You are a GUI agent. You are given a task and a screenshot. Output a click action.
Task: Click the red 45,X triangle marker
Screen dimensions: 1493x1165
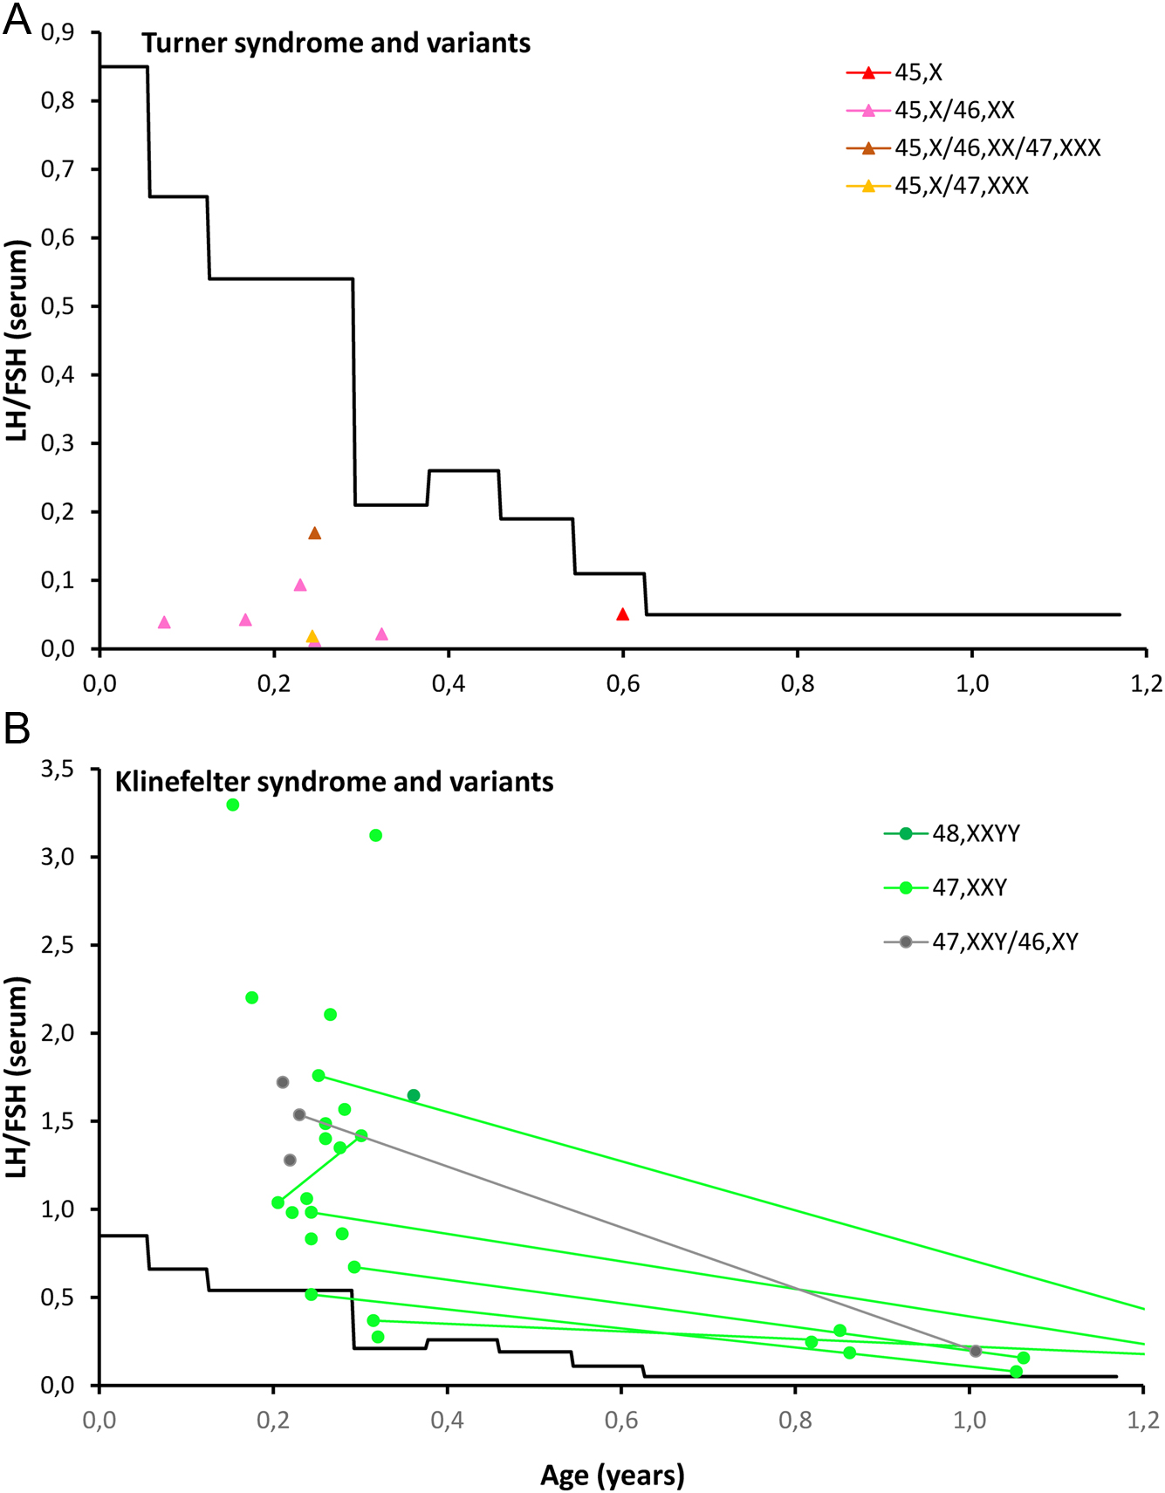pyautogui.click(x=622, y=614)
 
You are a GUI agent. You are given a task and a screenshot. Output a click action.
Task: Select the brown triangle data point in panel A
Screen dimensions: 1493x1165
pyautogui.click(x=315, y=533)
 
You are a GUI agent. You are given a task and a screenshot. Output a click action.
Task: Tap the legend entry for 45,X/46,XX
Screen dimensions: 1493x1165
pyautogui.click(x=954, y=110)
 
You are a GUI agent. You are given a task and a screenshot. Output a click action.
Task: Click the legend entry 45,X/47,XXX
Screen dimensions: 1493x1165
pyautogui.click(x=961, y=186)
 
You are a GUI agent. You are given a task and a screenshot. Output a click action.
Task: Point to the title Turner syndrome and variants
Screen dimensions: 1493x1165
pyautogui.click(x=336, y=43)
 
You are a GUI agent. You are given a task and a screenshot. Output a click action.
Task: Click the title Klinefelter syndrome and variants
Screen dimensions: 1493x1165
pyautogui.click(x=334, y=781)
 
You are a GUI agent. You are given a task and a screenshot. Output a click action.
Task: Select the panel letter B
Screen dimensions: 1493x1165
pyautogui.click(x=17, y=729)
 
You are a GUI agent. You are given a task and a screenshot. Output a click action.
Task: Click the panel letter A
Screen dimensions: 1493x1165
pyautogui.click(x=17, y=19)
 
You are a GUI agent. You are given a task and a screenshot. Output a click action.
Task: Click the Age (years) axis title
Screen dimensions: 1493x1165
pyautogui.click(x=612, y=1475)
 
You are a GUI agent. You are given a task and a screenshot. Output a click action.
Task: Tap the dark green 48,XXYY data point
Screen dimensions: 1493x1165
pyautogui.click(x=414, y=1095)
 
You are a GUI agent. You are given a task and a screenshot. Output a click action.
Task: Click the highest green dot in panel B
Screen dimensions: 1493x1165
pyautogui.click(x=233, y=805)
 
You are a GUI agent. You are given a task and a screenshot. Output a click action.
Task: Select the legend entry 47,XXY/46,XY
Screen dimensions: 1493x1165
pyautogui.click(x=1004, y=942)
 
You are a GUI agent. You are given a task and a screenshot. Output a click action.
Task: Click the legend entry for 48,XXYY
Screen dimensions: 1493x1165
pyautogui.click(x=976, y=833)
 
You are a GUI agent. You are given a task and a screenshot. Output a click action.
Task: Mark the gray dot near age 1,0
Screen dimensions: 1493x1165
pyautogui.click(x=976, y=1351)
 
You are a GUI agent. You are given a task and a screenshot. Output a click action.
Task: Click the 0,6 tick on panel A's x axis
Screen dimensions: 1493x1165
pyautogui.click(x=622, y=683)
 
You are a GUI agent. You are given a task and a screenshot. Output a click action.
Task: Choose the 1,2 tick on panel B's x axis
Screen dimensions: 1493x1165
pyautogui.click(x=1143, y=1420)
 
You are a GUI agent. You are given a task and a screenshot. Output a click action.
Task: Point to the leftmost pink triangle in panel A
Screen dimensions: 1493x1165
pyautogui.click(x=164, y=622)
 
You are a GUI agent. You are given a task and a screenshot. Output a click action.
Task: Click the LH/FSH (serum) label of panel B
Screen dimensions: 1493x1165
pyautogui.click(x=17, y=1076)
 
